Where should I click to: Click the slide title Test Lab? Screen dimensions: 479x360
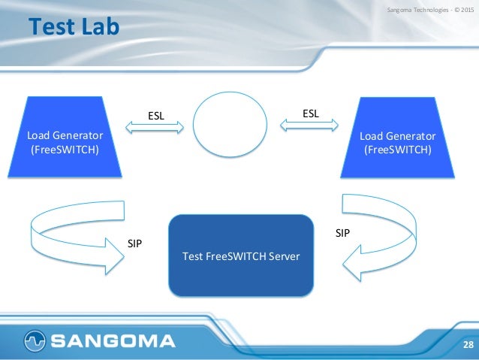pyautogui.click(x=74, y=28)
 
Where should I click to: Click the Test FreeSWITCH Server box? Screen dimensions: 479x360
pyautogui.click(x=241, y=256)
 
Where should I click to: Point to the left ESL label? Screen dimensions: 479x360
pyautogui.click(x=156, y=116)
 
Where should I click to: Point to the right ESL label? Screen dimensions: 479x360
pyautogui.click(x=311, y=113)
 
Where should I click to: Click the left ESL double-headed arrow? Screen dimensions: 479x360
pyautogui.click(x=155, y=129)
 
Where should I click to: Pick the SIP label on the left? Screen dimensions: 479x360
pyautogui.click(x=135, y=243)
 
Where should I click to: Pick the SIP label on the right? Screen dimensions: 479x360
pyautogui.click(x=342, y=233)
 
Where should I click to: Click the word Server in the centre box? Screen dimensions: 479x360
pyautogui.click(x=284, y=256)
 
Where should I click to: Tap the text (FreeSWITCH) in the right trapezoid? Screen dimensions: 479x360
pyautogui.click(x=397, y=148)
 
